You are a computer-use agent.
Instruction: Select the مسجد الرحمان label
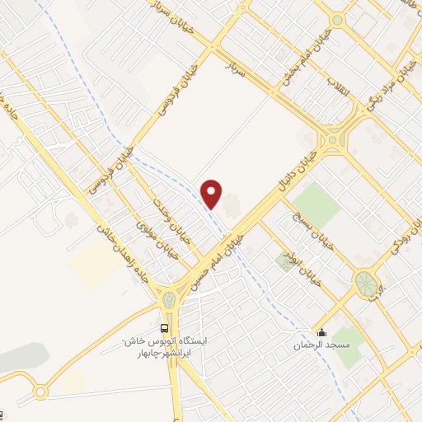[323, 345]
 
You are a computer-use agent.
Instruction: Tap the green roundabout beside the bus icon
[169, 299]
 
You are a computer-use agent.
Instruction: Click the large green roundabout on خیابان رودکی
[365, 284]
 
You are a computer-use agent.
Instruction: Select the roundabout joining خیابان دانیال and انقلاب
[333, 141]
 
